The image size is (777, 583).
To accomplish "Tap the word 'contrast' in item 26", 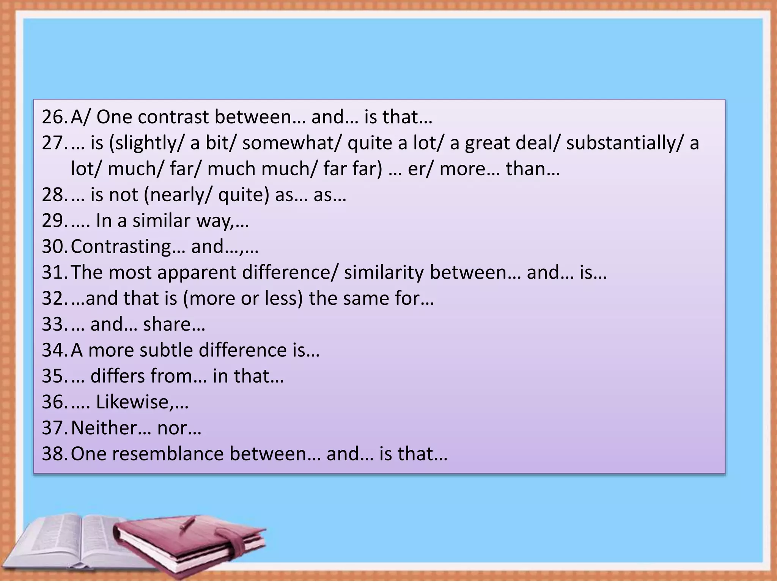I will [173, 117].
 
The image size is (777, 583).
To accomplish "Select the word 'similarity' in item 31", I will [384, 273].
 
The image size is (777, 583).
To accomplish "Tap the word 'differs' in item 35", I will [118, 376].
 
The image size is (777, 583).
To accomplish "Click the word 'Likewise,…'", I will [142, 402].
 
